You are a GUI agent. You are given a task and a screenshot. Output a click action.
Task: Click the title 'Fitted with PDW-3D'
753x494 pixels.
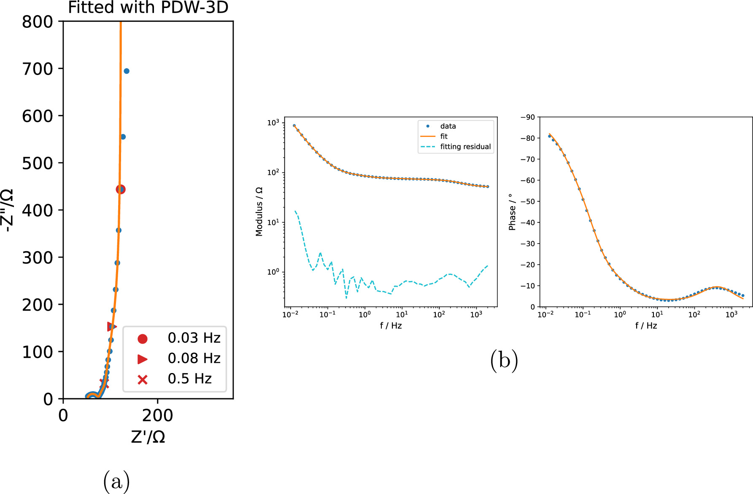(148, 8)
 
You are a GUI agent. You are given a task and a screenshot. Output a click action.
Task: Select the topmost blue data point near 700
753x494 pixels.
(126, 71)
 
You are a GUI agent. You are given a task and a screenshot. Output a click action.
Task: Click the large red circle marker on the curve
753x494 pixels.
(121, 189)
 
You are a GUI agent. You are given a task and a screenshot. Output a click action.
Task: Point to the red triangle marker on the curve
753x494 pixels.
(111, 326)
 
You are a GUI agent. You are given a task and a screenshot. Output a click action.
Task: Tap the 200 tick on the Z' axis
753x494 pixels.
(157, 416)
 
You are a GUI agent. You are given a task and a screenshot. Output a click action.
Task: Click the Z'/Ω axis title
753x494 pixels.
(148, 437)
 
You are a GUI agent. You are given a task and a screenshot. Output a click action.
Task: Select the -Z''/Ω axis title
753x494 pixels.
(8, 210)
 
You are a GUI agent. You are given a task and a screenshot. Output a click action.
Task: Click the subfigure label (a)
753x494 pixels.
(116, 481)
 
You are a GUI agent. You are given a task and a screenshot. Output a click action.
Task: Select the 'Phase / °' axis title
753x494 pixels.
(512, 212)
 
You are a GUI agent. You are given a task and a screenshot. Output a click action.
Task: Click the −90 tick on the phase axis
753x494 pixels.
(527, 117)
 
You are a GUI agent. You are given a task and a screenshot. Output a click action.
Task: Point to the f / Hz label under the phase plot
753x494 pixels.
(646, 325)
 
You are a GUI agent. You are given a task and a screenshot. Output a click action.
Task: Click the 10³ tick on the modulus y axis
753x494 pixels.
(273, 123)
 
